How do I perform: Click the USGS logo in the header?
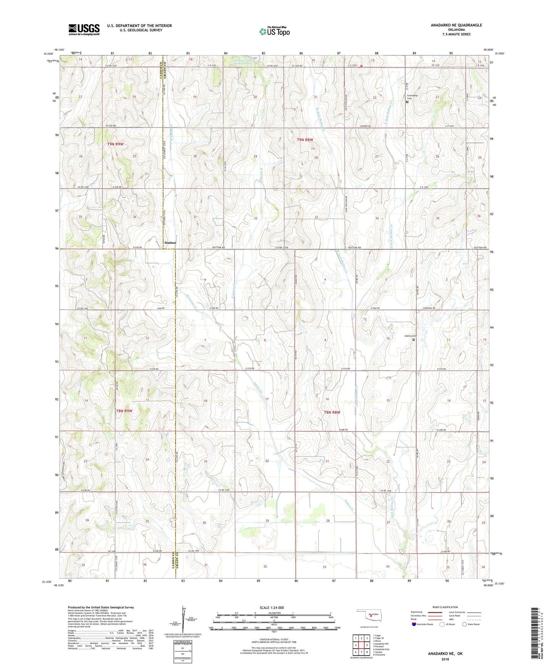tap(84, 29)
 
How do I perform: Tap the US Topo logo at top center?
tap(274, 31)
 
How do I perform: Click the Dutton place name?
tap(170, 243)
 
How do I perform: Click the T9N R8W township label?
tap(305, 140)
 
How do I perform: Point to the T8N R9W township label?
tap(124, 411)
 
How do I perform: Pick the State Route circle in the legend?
tap(464, 624)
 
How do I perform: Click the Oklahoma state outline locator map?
tap(368, 615)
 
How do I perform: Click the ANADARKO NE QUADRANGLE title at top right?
tap(456, 25)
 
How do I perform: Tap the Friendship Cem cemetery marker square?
tap(407, 102)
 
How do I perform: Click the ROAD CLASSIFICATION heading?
tap(445, 607)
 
